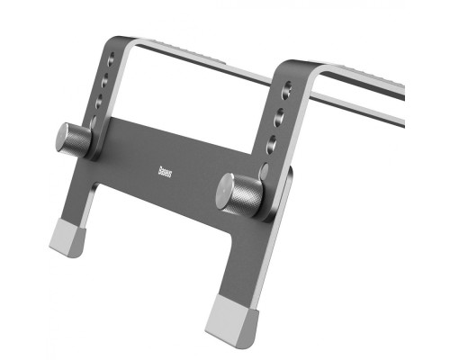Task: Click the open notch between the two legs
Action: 153,234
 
